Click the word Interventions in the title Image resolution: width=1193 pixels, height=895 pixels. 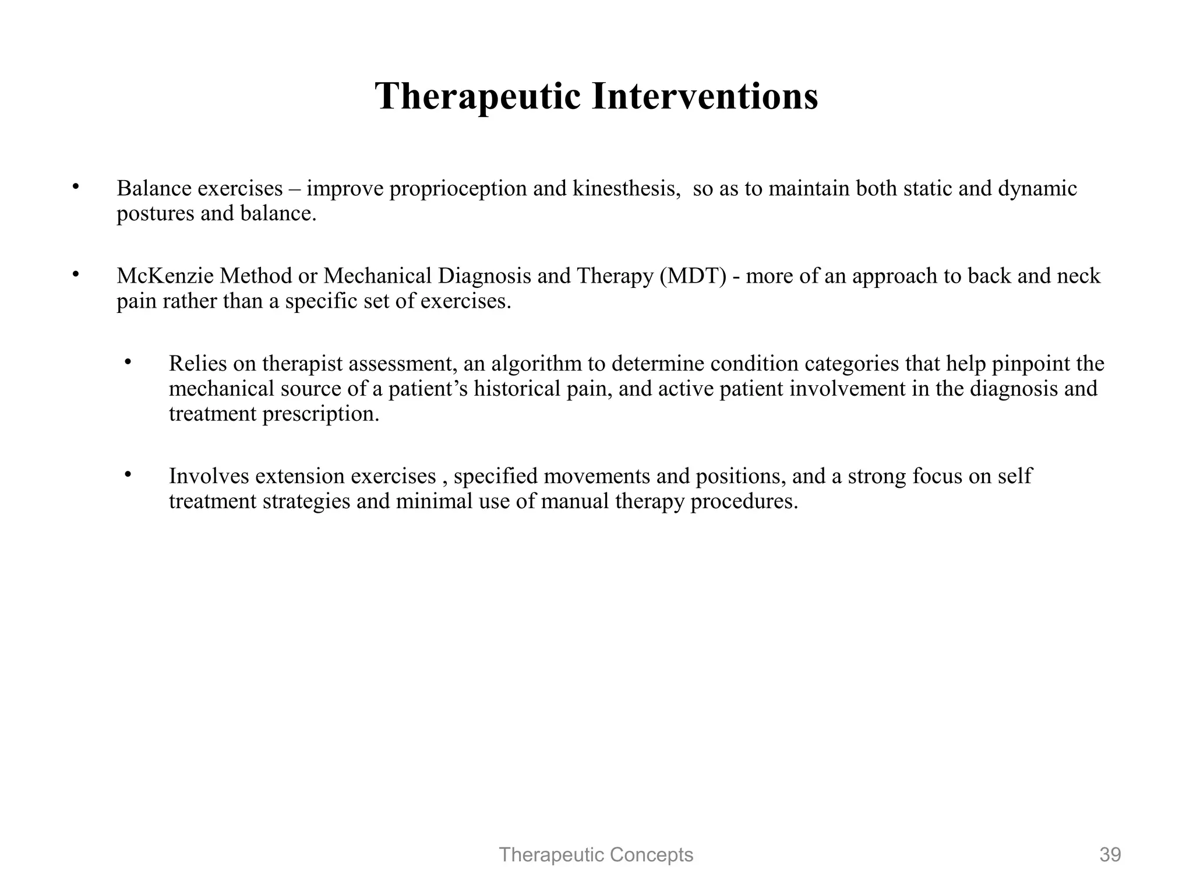pos(705,96)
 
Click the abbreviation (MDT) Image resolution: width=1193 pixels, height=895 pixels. pos(693,276)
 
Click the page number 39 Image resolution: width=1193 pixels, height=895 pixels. pos(1110,855)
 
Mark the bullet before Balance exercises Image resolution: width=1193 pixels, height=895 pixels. pos(75,187)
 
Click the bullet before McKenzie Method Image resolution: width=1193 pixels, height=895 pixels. pos(75,274)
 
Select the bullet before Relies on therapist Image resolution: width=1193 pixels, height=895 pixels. pos(128,362)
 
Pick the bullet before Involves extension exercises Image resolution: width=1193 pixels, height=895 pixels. pos(128,475)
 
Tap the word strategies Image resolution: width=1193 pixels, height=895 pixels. pos(306,502)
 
